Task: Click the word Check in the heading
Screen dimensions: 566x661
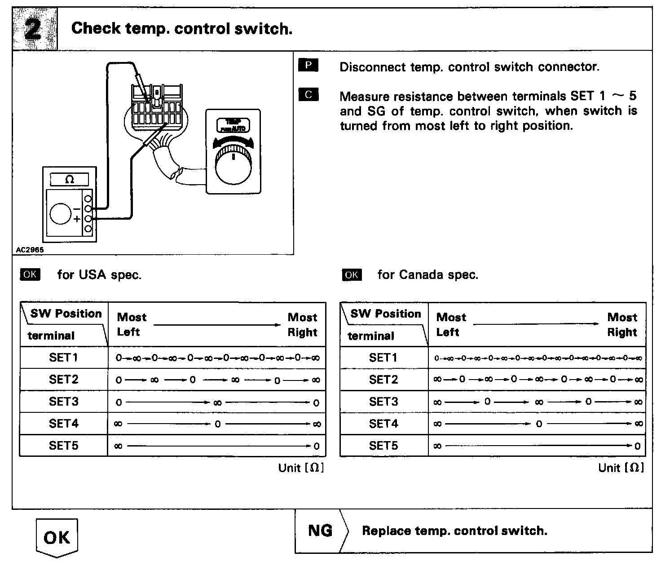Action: click(x=96, y=29)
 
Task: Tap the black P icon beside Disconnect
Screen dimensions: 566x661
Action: click(x=308, y=66)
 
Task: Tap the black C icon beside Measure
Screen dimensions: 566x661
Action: click(x=308, y=95)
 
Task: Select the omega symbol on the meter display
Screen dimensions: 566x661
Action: click(x=69, y=180)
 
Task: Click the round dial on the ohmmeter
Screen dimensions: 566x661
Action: click(x=60, y=213)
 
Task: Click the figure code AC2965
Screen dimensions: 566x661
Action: click(x=29, y=250)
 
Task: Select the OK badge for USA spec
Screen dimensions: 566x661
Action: click(x=30, y=274)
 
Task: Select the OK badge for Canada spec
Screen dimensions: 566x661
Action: click(x=351, y=274)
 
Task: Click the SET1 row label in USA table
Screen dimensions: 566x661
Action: click(x=63, y=358)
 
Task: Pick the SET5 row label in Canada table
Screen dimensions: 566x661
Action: click(x=383, y=446)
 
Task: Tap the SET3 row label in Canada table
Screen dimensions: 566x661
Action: click(x=383, y=402)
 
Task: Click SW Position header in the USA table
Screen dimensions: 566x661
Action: click(x=66, y=314)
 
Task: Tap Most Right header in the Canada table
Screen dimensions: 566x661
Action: click(x=622, y=324)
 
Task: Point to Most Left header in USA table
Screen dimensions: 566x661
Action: click(x=131, y=324)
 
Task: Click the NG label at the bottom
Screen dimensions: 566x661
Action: click(x=320, y=531)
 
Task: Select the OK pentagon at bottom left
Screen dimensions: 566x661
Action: click(x=57, y=537)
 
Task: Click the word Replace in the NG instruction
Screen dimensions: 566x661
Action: click(x=386, y=531)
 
